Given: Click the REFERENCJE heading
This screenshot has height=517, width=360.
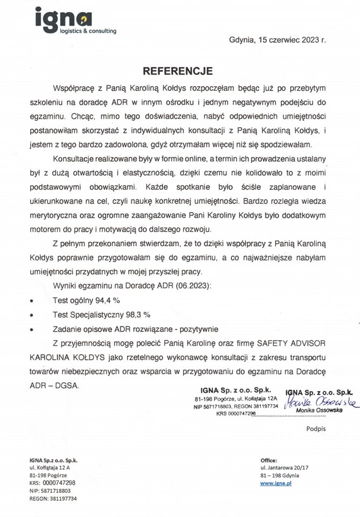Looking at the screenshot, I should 178,71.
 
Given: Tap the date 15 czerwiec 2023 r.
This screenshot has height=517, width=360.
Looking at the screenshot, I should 291,40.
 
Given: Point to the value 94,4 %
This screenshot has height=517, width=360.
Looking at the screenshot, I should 105,301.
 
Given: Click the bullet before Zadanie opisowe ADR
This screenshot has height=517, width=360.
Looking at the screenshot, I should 33,329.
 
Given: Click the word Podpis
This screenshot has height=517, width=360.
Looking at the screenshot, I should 316,429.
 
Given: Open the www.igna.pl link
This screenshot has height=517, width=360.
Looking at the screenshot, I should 276,484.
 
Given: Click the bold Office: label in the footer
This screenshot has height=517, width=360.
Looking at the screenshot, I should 269,461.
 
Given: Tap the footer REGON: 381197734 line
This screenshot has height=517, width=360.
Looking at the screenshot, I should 53,499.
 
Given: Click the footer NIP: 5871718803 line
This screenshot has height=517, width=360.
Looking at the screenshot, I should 50,491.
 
